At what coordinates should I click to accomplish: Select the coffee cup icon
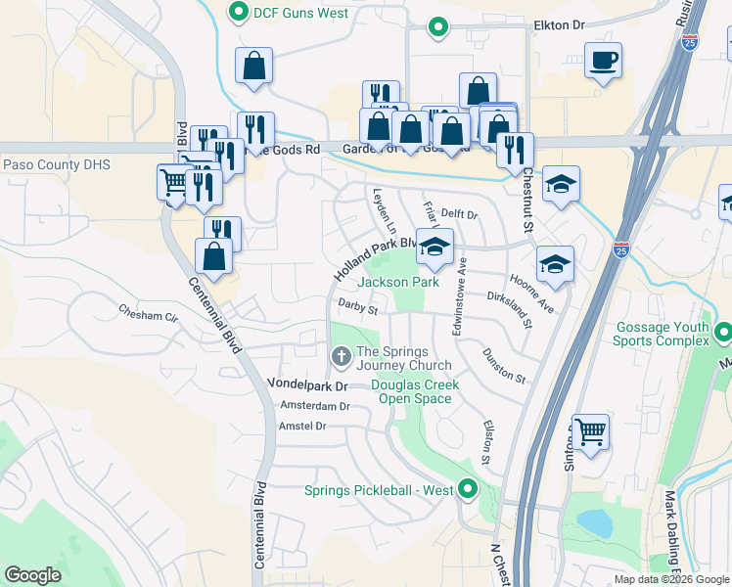pyautogui.click(x=603, y=61)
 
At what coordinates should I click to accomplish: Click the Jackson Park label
pyautogui.click(x=398, y=282)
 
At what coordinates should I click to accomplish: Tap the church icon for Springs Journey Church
pyautogui.click(x=341, y=358)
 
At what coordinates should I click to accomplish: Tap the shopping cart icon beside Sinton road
pyautogui.click(x=590, y=431)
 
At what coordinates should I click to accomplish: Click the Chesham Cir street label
pyautogui.click(x=149, y=315)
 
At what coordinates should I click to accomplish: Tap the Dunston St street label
pyautogui.click(x=504, y=364)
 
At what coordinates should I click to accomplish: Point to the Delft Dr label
pyautogui.click(x=458, y=213)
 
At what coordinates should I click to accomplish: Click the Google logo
pyautogui.click(x=33, y=575)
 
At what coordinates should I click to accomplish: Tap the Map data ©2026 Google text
pyautogui.click(x=670, y=579)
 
